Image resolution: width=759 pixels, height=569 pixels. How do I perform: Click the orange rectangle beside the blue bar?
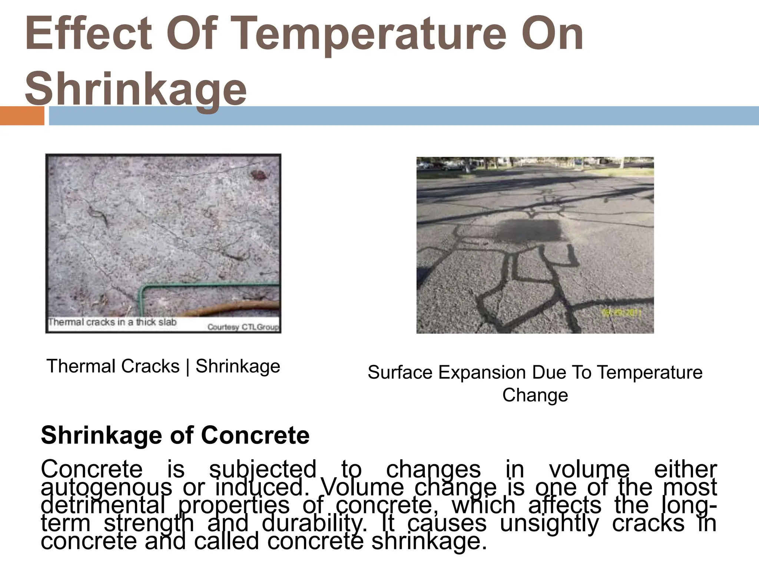(x=22, y=116)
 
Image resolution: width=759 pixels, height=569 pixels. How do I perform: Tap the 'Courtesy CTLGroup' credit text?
(x=243, y=327)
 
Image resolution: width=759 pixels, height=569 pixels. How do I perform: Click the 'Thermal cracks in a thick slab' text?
(x=112, y=322)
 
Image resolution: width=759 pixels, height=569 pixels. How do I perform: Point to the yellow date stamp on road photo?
(x=620, y=313)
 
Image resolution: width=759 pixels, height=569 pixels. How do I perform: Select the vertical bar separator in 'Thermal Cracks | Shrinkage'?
(x=188, y=366)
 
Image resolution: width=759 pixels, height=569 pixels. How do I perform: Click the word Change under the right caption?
(x=535, y=395)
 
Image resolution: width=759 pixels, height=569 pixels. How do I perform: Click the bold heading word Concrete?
(x=255, y=435)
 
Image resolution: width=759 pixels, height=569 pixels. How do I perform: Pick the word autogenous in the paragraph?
(x=106, y=487)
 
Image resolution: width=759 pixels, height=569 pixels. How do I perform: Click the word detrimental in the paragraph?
(x=103, y=505)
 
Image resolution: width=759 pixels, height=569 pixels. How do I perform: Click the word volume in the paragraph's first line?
(x=589, y=469)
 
